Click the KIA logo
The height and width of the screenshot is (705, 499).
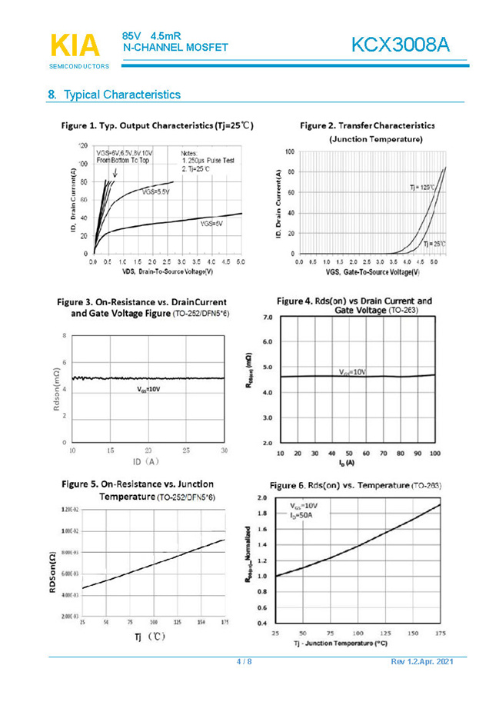point(75,45)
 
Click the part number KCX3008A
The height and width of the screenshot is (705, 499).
point(399,45)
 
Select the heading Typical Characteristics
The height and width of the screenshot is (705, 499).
point(121,95)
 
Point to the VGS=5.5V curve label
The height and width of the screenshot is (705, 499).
point(156,193)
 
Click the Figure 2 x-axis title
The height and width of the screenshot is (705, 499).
point(372,272)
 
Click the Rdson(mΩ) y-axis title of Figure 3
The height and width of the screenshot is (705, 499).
point(56,391)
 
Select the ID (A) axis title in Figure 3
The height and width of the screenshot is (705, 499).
point(145,461)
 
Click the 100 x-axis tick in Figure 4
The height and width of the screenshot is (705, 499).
point(435,454)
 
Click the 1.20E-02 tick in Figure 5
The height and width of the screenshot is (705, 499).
point(68,510)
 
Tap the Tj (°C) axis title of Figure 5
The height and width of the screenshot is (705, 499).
point(147,637)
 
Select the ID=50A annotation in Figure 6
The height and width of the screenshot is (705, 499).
point(301,516)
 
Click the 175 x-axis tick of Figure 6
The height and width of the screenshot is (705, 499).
point(441,633)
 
